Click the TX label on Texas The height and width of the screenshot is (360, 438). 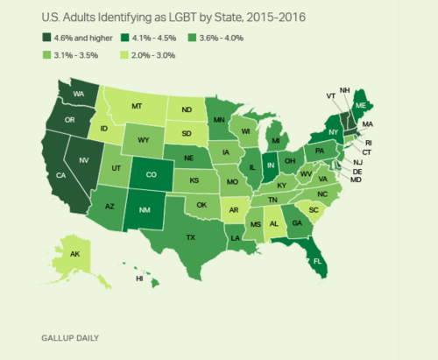[x=191, y=236]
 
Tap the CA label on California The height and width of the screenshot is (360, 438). [x=63, y=200]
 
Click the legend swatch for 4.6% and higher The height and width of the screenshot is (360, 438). [x=46, y=37]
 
